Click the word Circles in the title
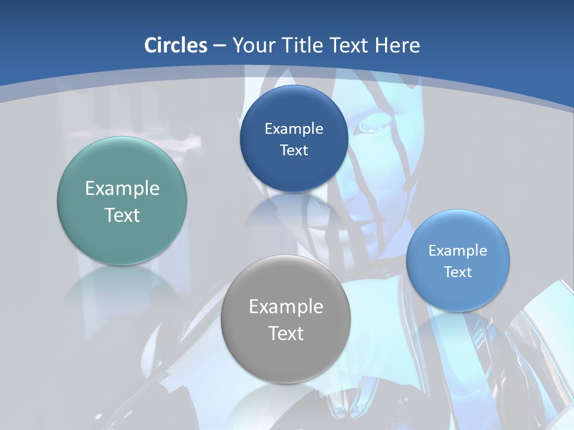pyautogui.click(x=176, y=45)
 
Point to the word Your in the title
pyautogui.click(x=252, y=45)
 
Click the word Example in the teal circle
pyautogui.click(x=122, y=189)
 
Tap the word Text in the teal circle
pyautogui.click(x=122, y=215)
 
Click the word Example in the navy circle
pyautogui.click(x=294, y=129)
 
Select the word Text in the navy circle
pyautogui.click(x=294, y=150)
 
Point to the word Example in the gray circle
pyautogui.click(x=286, y=307)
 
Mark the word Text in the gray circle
pyautogui.click(x=286, y=333)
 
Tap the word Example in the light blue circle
pyautogui.click(x=458, y=251)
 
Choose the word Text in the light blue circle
pyautogui.click(x=458, y=272)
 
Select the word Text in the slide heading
pyautogui.click(x=352, y=45)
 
